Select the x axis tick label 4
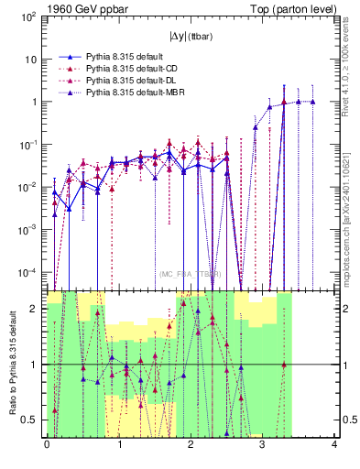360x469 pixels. point(334,446)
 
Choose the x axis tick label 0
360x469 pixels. point(47,446)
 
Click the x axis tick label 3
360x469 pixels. point(262,446)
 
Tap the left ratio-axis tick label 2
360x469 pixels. point(34,310)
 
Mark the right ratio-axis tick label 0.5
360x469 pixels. point(348,420)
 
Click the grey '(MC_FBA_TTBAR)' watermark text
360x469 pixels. point(190,274)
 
